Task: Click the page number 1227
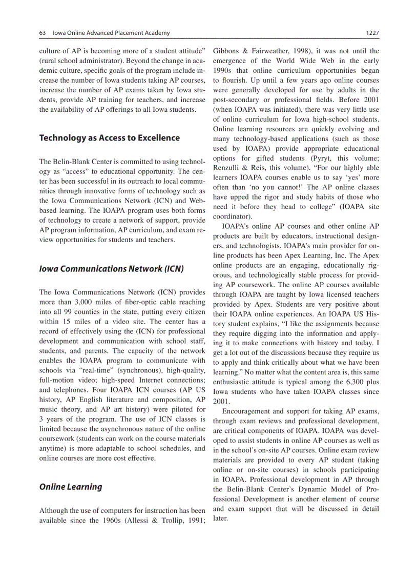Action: click(372, 33)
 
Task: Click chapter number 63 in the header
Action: click(43, 33)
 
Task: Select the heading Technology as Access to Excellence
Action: click(109, 137)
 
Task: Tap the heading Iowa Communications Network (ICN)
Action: click(111, 269)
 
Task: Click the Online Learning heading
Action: click(71, 487)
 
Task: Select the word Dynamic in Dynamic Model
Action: click(318, 489)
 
